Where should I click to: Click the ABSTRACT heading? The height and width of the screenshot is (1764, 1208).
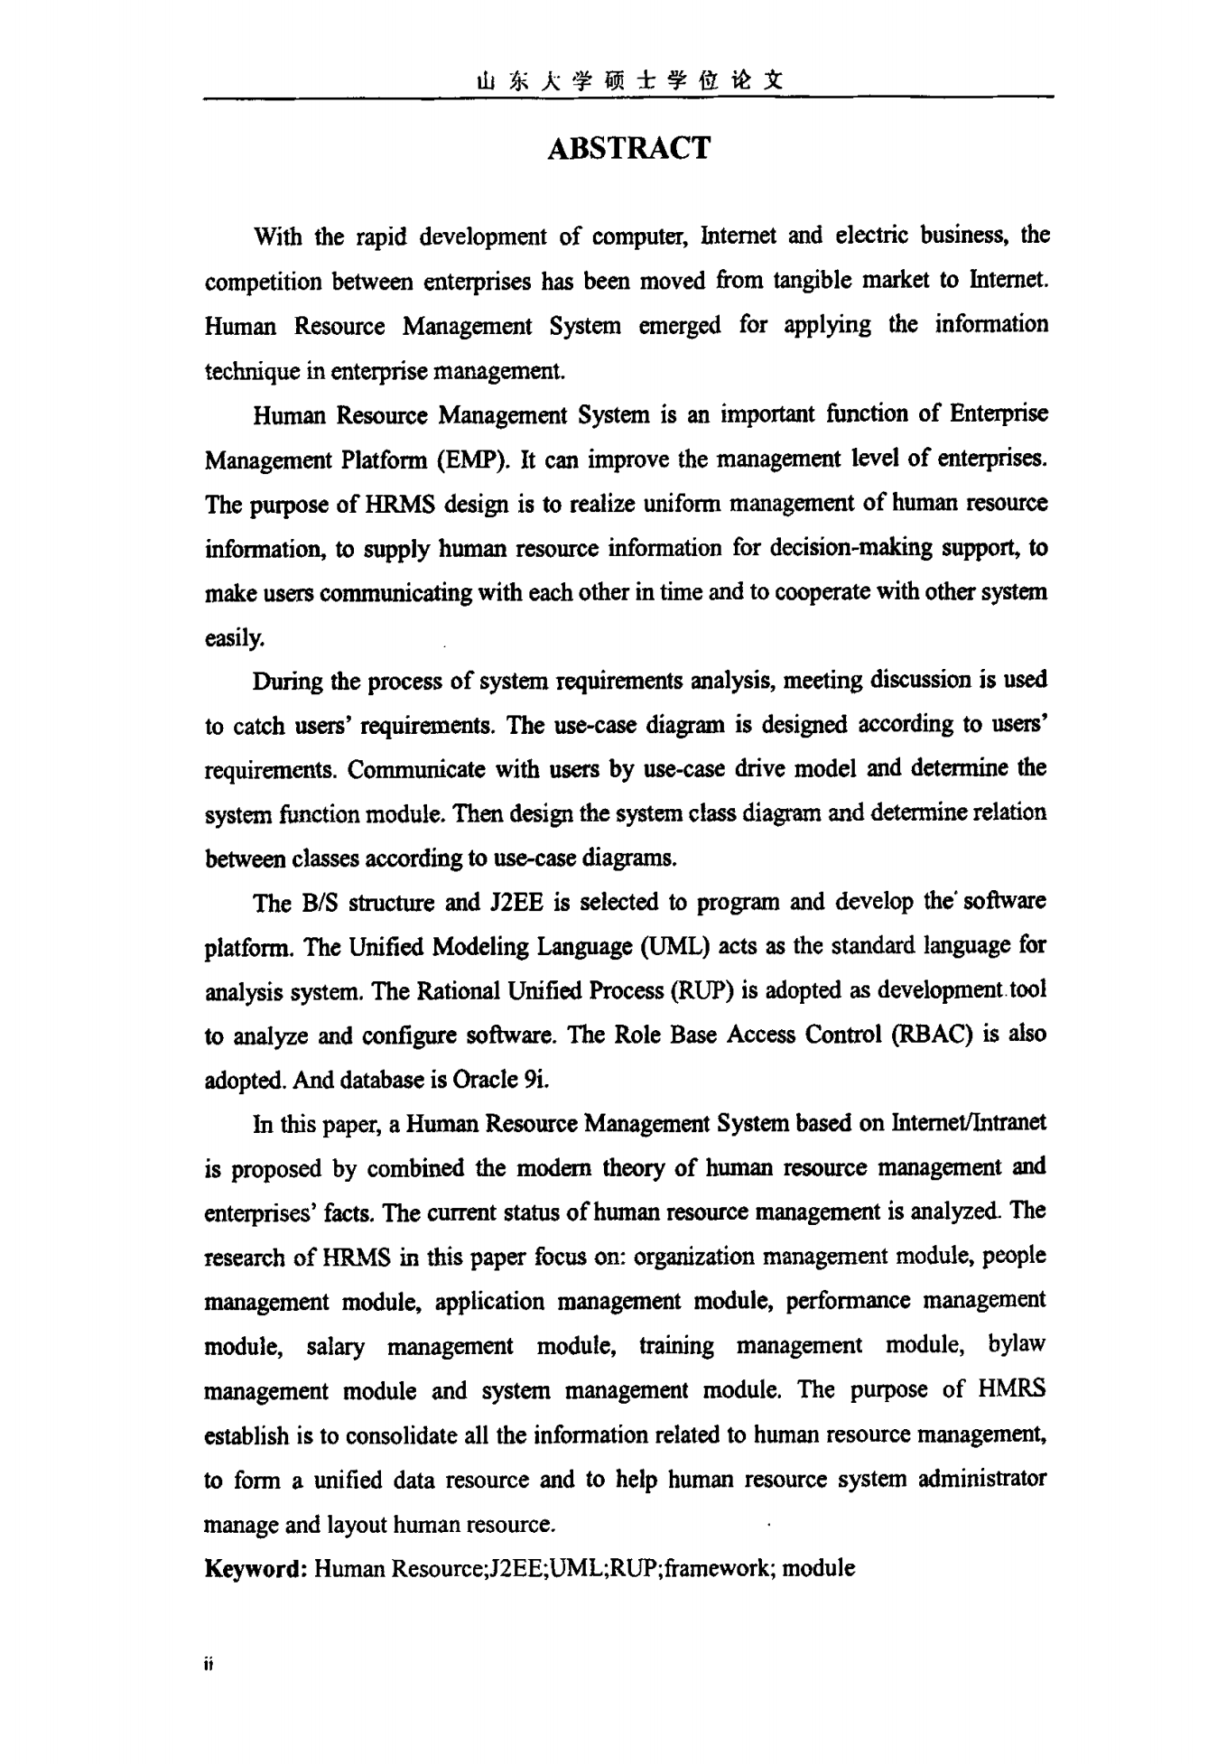[628, 148]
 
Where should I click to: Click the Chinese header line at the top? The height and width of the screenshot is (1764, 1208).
[628, 81]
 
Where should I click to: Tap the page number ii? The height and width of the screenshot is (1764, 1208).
[209, 1663]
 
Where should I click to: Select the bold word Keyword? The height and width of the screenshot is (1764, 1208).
[256, 1568]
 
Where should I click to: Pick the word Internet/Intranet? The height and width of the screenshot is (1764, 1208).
[968, 1123]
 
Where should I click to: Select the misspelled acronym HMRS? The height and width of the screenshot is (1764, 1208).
[1011, 1389]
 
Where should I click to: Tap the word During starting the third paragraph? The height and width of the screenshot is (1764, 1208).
[287, 681]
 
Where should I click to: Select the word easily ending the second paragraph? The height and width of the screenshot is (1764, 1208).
[234, 637]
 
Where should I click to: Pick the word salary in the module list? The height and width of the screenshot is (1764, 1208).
[336, 1346]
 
